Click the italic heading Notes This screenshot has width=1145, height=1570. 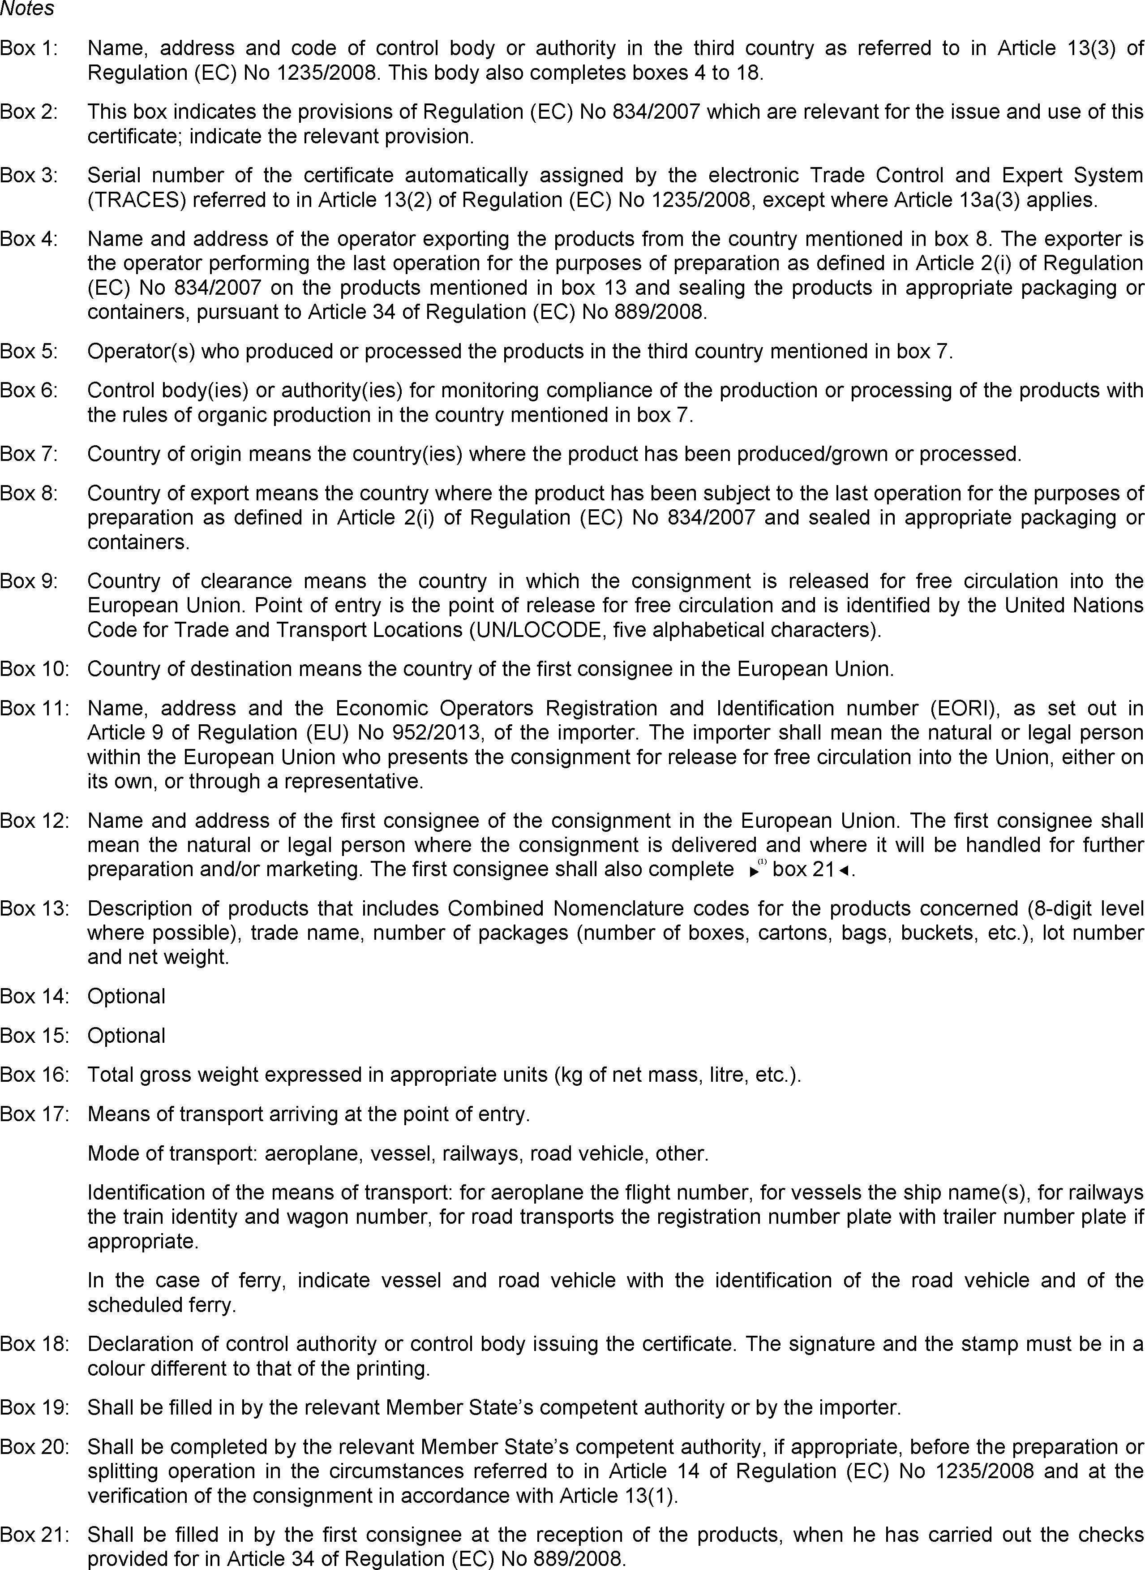[27, 9]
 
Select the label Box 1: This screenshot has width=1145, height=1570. [29, 48]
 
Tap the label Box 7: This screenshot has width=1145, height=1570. [29, 454]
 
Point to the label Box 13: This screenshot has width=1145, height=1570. [34, 908]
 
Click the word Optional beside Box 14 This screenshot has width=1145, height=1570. [126, 996]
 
